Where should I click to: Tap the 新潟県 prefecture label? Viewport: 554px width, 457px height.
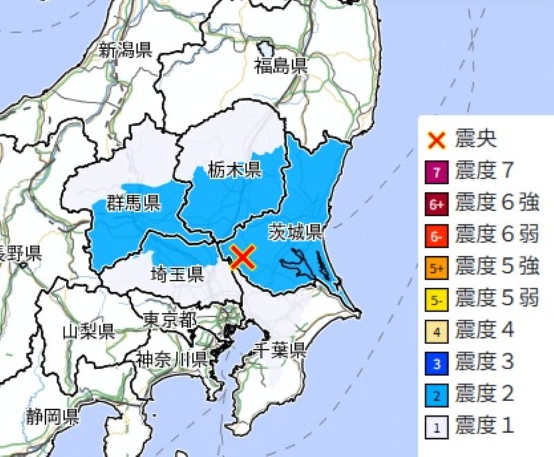[x=125, y=50]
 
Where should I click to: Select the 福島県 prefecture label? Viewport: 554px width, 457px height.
[x=280, y=66]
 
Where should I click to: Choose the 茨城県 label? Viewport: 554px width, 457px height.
[x=296, y=231]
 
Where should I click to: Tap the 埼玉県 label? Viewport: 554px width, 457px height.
[x=177, y=274]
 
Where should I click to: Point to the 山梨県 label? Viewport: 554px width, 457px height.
[x=88, y=330]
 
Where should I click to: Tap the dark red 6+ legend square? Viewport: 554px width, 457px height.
[x=437, y=204]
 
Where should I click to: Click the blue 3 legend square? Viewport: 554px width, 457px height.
[x=437, y=362]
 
